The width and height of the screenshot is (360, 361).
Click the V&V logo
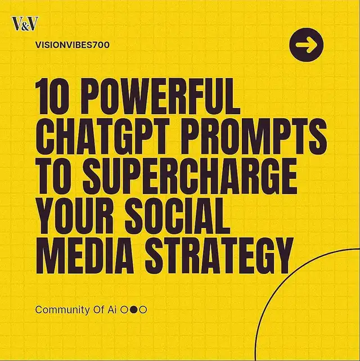coord(25,24)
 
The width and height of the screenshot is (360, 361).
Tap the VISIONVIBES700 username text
coord(73,45)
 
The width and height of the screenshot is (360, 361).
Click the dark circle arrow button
coord(307,44)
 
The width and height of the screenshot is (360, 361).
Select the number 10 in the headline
coord(49,96)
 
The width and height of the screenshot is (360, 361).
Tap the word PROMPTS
coord(254,137)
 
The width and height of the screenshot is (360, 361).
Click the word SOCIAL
coord(178,216)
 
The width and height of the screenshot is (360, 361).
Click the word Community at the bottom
coord(62,310)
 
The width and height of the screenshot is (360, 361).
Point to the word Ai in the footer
coord(112,309)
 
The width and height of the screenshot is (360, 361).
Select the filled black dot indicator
coord(133,310)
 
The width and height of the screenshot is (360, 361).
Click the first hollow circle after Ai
coord(124,310)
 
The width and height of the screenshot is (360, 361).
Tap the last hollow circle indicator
coord(143,310)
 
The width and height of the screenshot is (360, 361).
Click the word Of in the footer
coord(98,309)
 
